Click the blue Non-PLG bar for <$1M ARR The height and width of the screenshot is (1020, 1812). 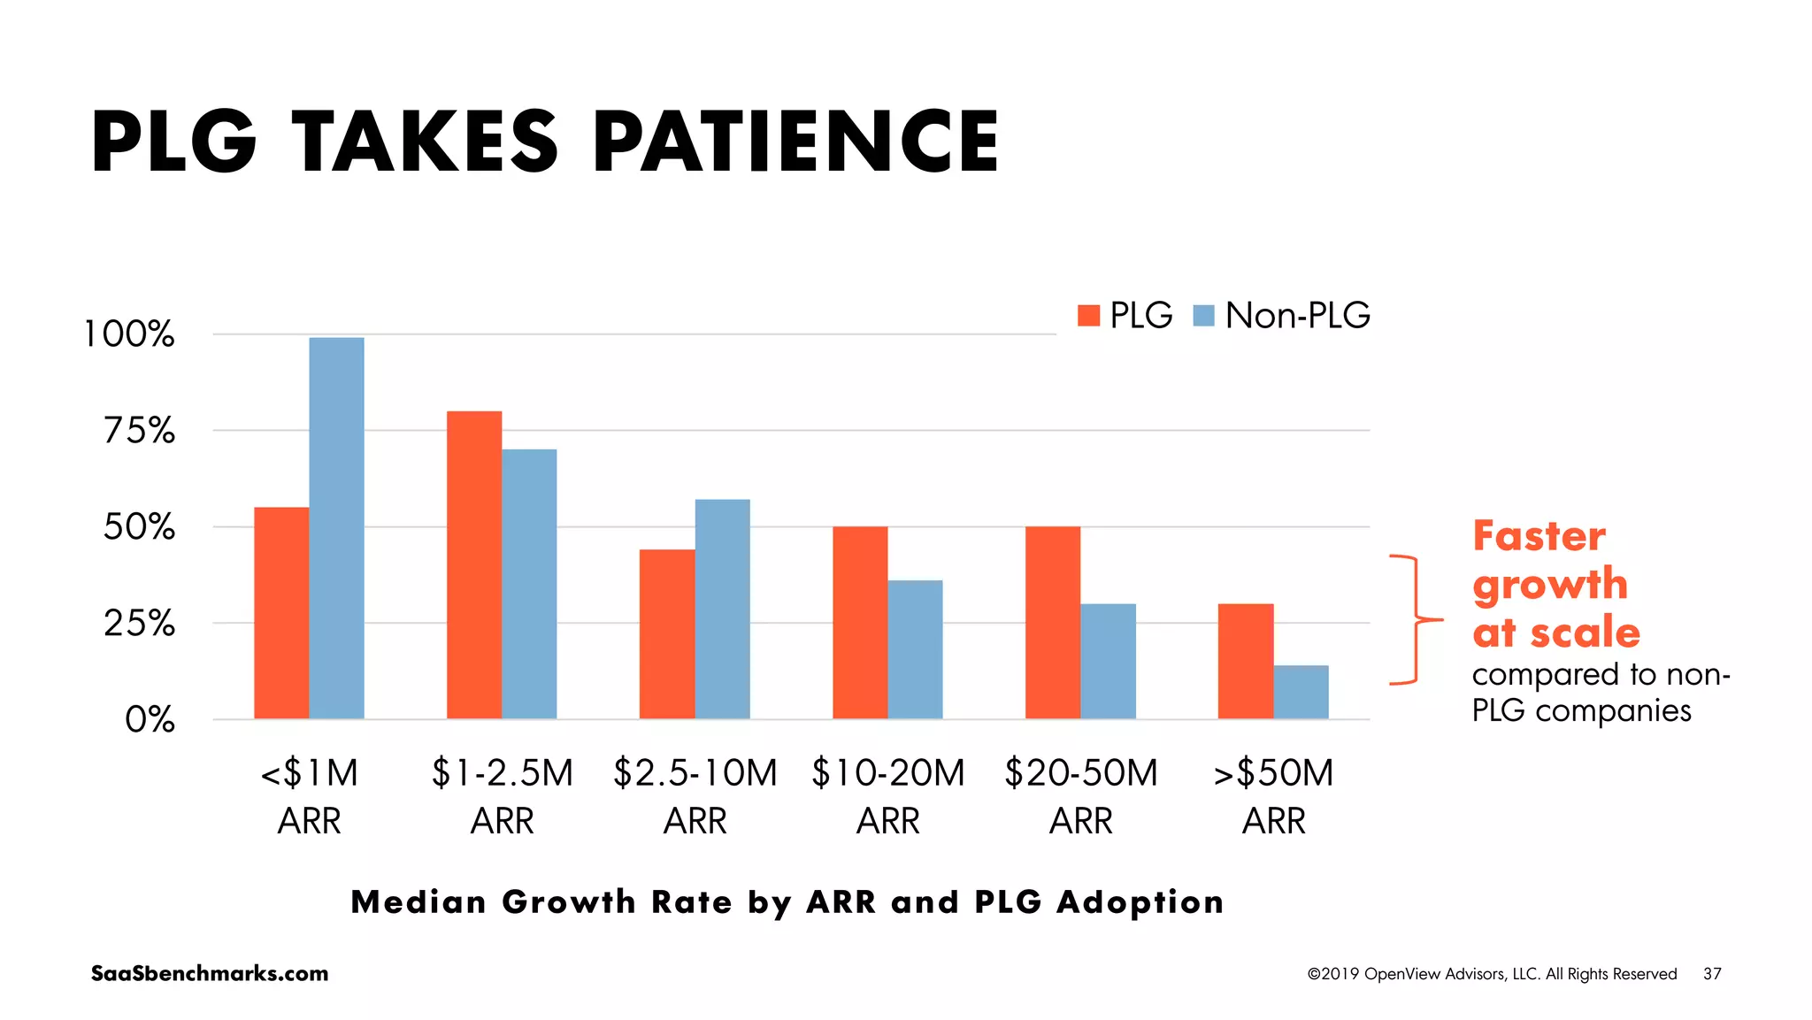[x=336, y=528]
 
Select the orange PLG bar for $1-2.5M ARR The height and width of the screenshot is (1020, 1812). [x=474, y=564]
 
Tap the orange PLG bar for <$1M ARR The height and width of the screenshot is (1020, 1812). [x=281, y=612]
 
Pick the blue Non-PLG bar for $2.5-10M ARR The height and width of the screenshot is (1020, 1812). [x=722, y=609]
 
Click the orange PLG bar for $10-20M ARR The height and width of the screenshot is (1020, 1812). [x=860, y=622]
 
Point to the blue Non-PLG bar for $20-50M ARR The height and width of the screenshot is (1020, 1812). [x=1108, y=661]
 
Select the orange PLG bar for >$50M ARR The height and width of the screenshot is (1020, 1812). [x=1246, y=661]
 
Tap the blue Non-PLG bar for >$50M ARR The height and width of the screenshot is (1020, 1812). [x=1301, y=692]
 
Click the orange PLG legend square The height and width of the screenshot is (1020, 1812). [x=1088, y=316]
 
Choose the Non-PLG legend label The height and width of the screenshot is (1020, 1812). [x=1297, y=316]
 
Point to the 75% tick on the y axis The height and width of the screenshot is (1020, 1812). [x=140, y=431]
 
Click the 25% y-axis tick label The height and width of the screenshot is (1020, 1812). [x=140, y=624]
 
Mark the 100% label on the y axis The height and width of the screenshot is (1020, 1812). [x=129, y=334]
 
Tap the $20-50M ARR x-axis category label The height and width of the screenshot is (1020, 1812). [x=1081, y=796]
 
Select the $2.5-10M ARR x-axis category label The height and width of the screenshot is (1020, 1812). [x=695, y=796]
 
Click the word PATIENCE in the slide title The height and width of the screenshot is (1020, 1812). [x=795, y=142]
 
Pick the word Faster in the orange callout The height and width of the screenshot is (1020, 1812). [x=1539, y=536]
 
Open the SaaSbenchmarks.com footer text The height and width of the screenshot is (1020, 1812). [x=210, y=973]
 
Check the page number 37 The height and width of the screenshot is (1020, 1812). [x=1712, y=973]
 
